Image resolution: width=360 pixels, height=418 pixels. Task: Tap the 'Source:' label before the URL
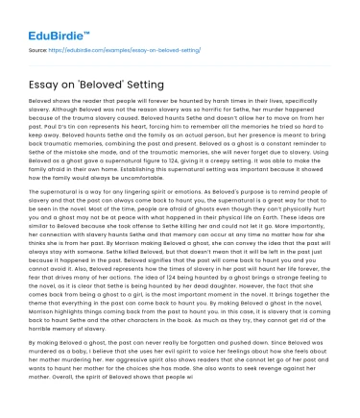pos(40,47)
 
